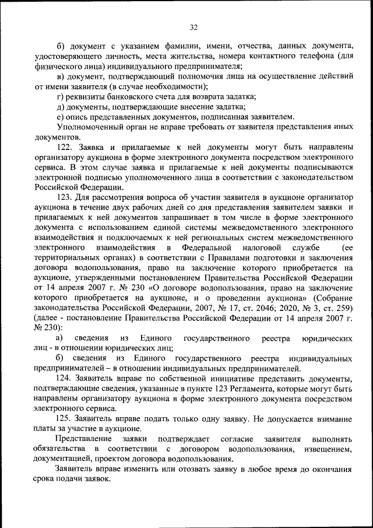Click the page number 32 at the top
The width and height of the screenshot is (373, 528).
194,27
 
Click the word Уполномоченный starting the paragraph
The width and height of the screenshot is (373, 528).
88,127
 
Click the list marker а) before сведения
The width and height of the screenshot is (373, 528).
59,338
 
